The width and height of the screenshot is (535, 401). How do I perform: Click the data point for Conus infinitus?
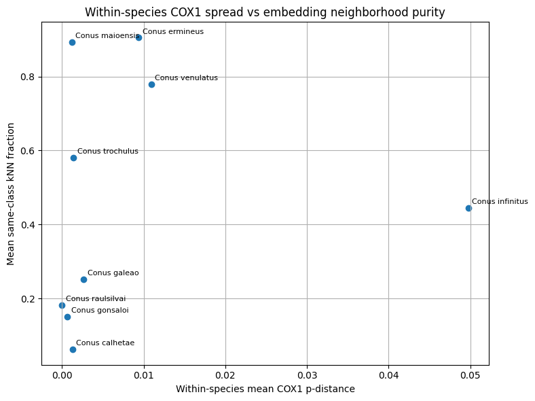point(468,208)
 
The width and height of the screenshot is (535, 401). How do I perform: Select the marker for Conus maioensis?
point(72,42)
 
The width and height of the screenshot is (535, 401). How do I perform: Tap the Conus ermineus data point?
point(139,37)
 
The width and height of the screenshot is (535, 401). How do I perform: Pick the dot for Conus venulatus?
point(151,84)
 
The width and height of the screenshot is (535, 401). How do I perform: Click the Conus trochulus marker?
point(73,158)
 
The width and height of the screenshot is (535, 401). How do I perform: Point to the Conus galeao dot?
point(84,279)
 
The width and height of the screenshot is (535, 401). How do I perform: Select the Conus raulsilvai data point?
point(62,305)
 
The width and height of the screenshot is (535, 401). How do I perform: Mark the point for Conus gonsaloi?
point(67,317)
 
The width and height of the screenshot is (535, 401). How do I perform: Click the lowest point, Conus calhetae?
point(73,349)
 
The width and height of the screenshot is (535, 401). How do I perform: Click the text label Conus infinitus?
point(500,201)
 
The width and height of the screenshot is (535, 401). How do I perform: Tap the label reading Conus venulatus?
point(186,77)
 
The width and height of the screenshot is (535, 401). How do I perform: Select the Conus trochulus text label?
point(107,151)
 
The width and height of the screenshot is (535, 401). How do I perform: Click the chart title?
point(265,12)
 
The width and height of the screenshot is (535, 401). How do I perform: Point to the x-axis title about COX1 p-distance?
point(265,389)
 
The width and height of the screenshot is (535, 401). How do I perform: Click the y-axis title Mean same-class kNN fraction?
point(11,194)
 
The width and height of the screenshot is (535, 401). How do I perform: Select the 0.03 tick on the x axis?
point(307,374)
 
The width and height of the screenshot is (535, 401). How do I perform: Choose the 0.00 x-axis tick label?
point(62,374)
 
